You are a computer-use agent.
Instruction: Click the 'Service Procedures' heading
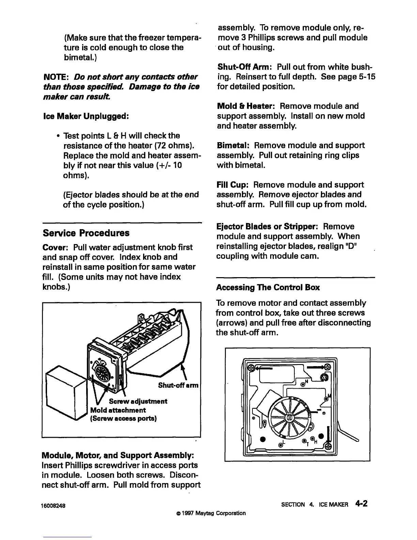(86, 233)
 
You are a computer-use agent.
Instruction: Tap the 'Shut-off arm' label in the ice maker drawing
(178, 386)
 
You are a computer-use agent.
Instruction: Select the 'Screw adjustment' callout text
(138, 401)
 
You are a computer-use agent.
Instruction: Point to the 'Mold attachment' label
(118, 410)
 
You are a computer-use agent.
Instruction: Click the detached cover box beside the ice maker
(65, 392)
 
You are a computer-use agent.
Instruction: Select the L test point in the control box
(281, 445)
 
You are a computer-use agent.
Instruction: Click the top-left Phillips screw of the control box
(251, 367)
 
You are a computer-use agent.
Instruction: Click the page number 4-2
(361, 504)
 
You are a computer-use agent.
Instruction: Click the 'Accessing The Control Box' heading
(268, 287)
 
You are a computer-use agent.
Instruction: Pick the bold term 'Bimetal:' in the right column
(234, 146)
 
